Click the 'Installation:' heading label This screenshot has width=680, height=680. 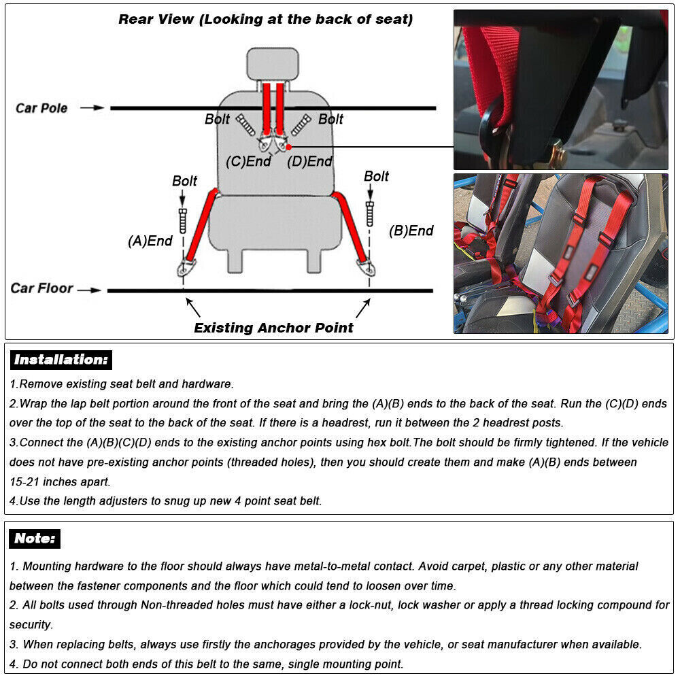point(61,360)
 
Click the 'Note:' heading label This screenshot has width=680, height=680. point(35,539)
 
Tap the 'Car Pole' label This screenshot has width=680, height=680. point(41,108)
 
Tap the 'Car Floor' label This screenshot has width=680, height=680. point(41,288)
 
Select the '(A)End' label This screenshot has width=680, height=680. point(150,241)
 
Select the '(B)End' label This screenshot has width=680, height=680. point(411,231)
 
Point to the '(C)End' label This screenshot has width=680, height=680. point(248,162)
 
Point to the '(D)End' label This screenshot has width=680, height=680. point(309,162)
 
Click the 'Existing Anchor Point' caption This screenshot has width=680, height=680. point(273,328)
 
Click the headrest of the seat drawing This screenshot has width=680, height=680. point(273,63)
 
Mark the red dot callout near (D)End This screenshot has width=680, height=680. point(288,146)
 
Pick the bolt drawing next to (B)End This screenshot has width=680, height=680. point(370,213)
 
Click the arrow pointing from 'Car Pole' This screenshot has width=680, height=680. point(92,107)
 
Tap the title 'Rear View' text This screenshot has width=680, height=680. point(156,19)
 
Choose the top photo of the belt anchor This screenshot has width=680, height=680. point(561,88)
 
